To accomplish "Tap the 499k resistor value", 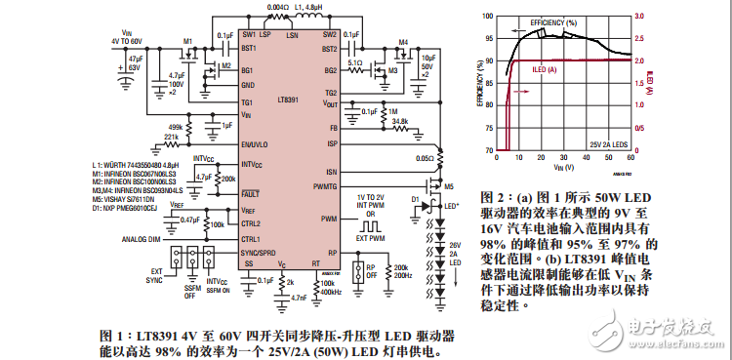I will tap(176, 127).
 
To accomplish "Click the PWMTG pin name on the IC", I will tap(325, 184).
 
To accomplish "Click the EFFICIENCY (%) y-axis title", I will tap(480, 82).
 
